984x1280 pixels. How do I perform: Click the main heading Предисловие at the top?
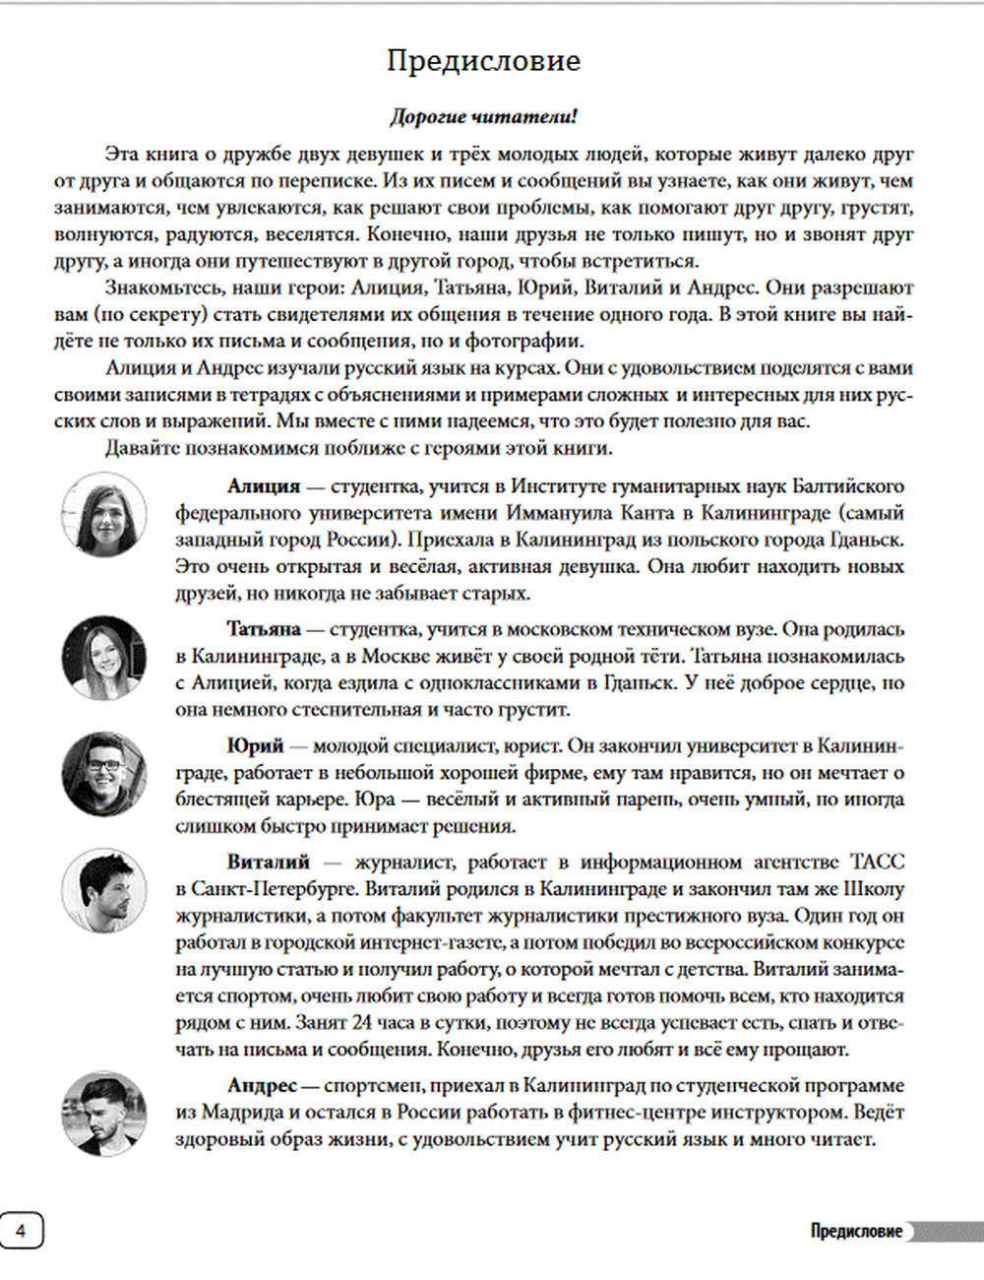[x=483, y=61]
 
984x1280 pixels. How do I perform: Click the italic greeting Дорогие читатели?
[x=483, y=116]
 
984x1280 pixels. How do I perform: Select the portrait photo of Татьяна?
[x=103, y=657]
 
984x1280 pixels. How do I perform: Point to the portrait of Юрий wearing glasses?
[x=103, y=773]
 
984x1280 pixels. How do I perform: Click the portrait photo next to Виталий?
[x=103, y=891]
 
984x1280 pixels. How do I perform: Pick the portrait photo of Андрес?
[x=103, y=1114]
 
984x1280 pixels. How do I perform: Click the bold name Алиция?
[x=263, y=486]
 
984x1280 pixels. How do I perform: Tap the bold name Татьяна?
[x=263, y=629]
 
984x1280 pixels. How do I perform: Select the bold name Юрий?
[x=255, y=746]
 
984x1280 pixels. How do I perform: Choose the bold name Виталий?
[x=268, y=863]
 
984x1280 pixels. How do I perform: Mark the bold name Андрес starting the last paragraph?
[x=262, y=1086]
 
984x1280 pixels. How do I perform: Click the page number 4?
[x=21, y=1231]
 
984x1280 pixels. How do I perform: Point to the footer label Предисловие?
[x=855, y=1231]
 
